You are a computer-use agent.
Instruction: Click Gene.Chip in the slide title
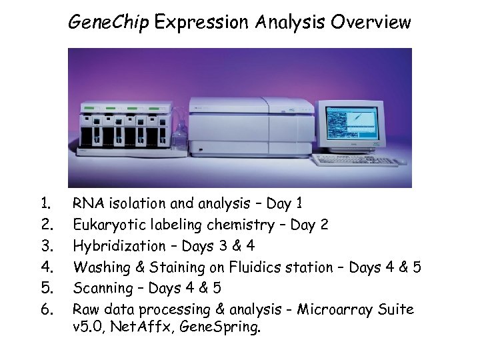click(x=109, y=23)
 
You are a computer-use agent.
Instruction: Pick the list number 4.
click(x=46, y=267)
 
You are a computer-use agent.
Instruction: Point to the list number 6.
click(x=46, y=310)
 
